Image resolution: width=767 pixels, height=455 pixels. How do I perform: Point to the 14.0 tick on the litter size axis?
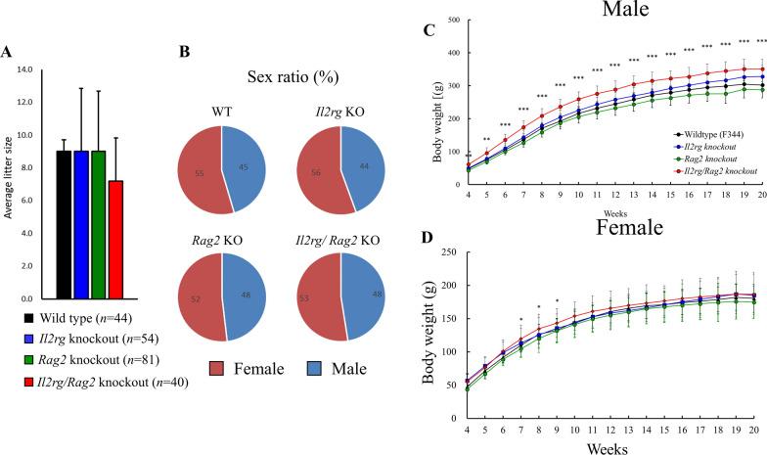[x=23, y=70]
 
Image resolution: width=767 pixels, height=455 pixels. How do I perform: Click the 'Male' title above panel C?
[x=598, y=13]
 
